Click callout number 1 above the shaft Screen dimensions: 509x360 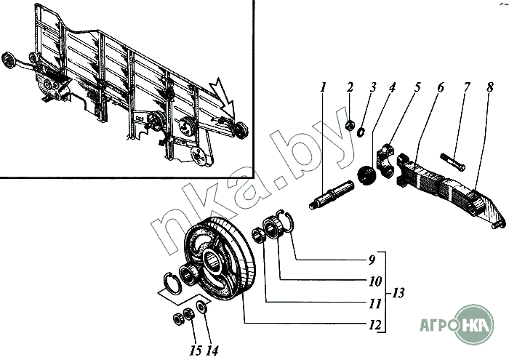323,87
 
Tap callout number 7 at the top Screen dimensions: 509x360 467,87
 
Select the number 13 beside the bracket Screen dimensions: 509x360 398,293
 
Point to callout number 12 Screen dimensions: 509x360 374,324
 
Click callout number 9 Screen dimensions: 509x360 372,260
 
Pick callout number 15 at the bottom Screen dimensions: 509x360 196,351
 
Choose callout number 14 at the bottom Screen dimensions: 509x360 212,351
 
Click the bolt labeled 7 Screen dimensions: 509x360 452,162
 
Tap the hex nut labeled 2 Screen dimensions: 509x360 350,125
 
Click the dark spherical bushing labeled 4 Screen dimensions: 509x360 366,175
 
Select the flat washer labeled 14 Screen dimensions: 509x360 201,307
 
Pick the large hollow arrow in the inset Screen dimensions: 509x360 223,97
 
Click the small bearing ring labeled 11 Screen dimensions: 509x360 258,235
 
